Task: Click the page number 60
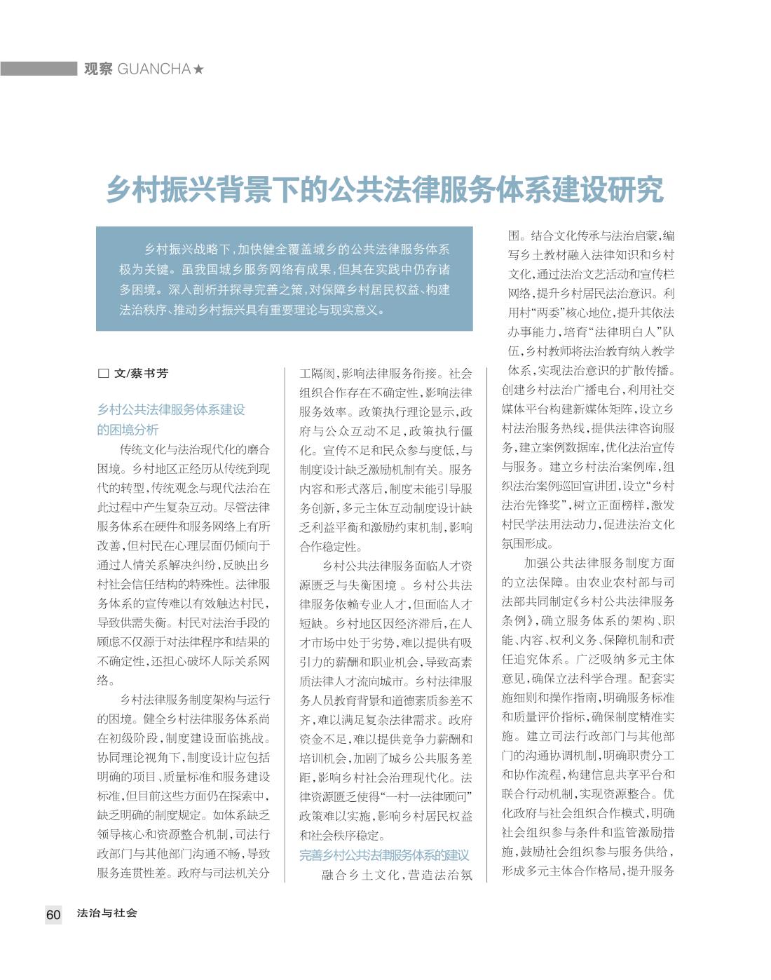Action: (x=53, y=914)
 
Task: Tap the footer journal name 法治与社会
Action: (x=107, y=913)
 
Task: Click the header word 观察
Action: (x=98, y=69)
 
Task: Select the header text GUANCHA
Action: (x=154, y=69)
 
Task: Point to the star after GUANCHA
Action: (x=198, y=69)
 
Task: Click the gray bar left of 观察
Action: (x=38, y=69)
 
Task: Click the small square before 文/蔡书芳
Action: (x=103, y=374)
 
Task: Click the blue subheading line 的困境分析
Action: (x=128, y=430)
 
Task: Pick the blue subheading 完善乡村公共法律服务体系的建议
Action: (x=384, y=855)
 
